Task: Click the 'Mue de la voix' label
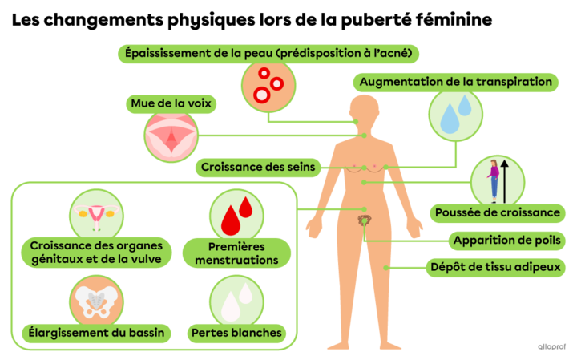point(171,103)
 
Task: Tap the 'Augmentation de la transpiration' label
point(455,82)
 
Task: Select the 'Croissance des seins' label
point(258,168)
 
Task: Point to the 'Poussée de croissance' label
point(498,213)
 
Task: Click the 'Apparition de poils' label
point(506,241)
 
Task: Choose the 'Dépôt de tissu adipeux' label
point(495,268)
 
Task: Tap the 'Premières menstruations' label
point(236,253)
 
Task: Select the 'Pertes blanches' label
point(236,333)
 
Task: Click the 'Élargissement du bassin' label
point(96,333)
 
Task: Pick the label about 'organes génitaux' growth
point(96,253)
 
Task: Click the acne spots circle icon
point(268,86)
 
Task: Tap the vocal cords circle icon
point(171,136)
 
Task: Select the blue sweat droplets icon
point(455,114)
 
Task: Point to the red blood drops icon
point(236,216)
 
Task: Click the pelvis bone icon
point(96,301)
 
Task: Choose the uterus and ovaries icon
point(96,216)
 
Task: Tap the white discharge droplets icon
point(236,301)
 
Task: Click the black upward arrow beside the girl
point(505,181)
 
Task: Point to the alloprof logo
point(551,346)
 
